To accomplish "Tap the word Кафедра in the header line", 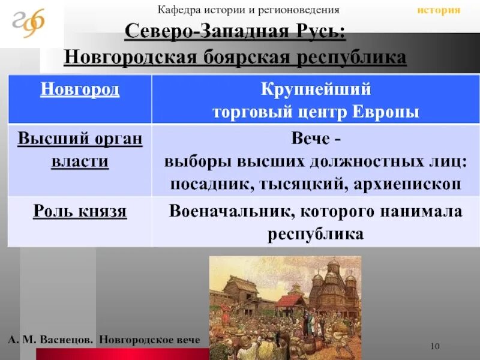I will point(177,10).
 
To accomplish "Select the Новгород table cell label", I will point(80,90).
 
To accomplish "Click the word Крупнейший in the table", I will point(316,90).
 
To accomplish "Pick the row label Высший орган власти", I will point(80,150).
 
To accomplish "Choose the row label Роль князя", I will point(80,212).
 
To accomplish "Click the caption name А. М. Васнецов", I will point(50,339).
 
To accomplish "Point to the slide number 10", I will point(436,346).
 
